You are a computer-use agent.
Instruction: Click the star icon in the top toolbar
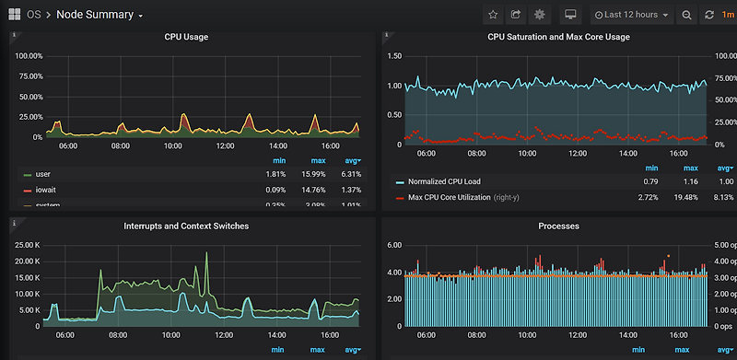(x=492, y=15)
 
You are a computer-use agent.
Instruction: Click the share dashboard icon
(x=516, y=15)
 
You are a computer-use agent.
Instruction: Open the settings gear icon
(x=540, y=15)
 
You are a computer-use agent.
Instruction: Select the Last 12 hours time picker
(x=631, y=15)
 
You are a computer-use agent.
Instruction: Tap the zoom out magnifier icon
(x=687, y=15)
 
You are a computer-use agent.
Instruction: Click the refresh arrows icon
(x=709, y=15)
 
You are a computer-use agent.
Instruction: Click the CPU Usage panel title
(x=185, y=38)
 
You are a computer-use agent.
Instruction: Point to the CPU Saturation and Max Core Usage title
(x=558, y=38)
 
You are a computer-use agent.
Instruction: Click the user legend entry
(x=42, y=174)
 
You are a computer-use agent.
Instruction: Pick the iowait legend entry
(x=46, y=190)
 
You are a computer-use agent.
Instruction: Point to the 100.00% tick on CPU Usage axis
(x=29, y=56)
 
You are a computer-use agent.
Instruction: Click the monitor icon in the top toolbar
(x=570, y=15)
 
